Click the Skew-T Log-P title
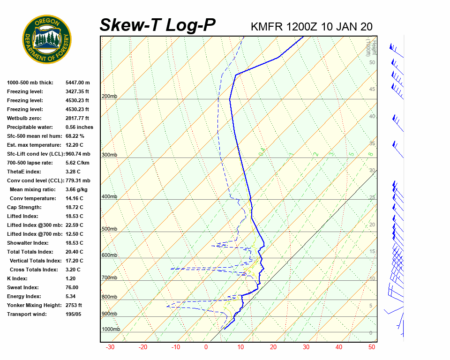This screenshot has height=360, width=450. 157,25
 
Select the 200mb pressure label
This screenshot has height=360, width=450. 109,97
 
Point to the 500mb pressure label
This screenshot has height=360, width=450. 109,229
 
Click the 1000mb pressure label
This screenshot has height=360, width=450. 111,330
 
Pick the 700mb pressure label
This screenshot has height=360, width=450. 109,278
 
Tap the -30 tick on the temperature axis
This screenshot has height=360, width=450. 110,347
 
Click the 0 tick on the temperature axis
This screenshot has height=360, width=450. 206,347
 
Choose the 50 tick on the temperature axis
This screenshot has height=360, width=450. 372,347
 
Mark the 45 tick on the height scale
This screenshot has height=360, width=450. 372,90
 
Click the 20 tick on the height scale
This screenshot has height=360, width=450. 372,225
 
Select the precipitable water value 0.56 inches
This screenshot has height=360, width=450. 79,127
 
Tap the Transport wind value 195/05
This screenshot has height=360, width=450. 74,314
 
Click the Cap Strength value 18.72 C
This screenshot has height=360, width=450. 74,207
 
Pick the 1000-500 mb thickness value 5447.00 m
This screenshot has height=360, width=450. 78,82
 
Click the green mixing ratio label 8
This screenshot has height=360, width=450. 370,154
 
